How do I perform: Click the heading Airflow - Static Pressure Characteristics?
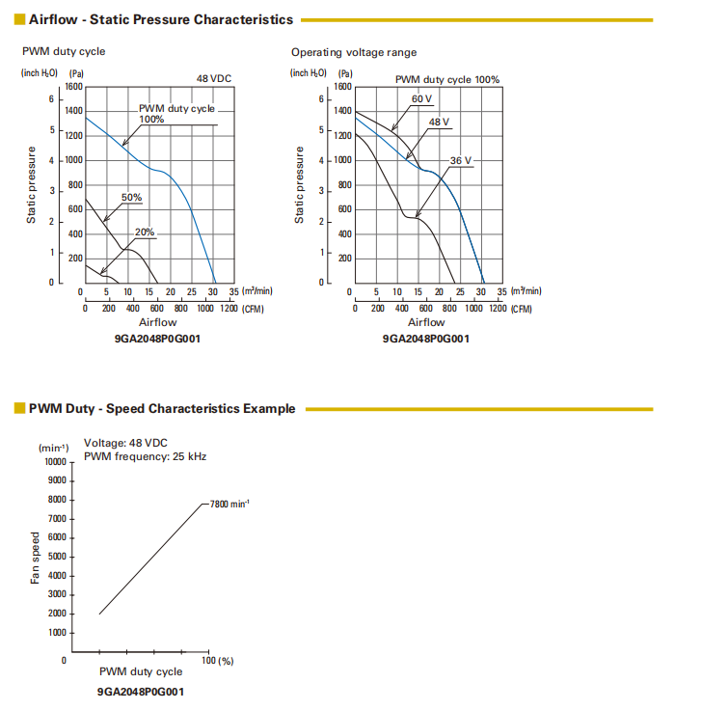(x=161, y=19)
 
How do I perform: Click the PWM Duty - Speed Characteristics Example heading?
(x=162, y=409)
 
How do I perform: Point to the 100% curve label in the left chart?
(x=151, y=120)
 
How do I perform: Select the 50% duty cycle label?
(x=131, y=198)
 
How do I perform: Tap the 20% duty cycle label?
(x=145, y=232)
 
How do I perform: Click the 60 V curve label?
(x=422, y=99)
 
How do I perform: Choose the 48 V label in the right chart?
(x=440, y=123)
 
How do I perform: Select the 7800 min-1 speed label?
(x=229, y=504)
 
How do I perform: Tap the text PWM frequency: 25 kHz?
(x=145, y=456)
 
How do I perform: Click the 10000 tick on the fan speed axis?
(x=54, y=461)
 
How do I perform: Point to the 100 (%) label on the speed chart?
(x=219, y=661)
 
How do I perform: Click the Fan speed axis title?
(x=36, y=558)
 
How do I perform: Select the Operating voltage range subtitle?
(x=354, y=52)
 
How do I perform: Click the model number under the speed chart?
(x=141, y=692)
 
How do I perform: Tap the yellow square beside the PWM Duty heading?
(x=19, y=409)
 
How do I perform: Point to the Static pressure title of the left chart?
(x=32, y=186)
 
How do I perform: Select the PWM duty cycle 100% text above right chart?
(x=447, y=79)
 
